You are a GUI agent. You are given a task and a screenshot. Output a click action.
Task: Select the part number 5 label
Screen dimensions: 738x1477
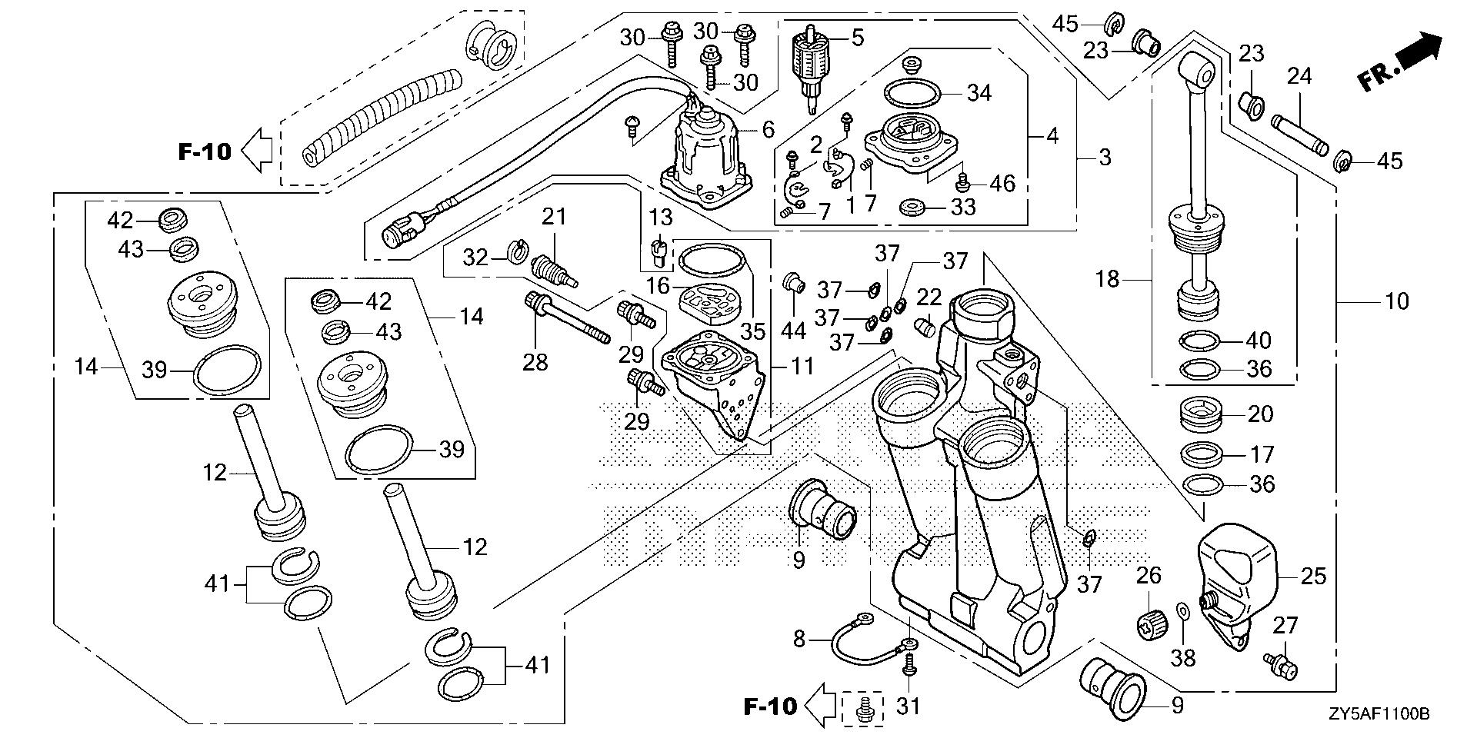(x=857, y=37)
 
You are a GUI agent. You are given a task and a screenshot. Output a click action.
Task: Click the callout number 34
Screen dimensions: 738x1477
(x=979, y=93)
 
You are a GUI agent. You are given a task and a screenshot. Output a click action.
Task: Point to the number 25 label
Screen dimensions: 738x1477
(x=1314, y=576)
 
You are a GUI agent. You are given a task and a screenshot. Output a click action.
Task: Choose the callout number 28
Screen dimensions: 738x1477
(x=535, y=361)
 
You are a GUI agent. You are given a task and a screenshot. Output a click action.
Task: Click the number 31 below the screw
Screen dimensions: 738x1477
(x=909, y=705)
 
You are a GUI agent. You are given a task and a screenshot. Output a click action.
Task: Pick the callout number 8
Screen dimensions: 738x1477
(x=799, y=638)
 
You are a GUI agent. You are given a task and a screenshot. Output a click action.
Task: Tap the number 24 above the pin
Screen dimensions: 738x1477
(x=1299, y=77)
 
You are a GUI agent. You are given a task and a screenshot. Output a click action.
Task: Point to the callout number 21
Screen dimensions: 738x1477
(x=554, y=217)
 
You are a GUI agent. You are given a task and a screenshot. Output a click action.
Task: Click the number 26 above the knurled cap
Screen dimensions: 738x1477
(x=1149, y=574)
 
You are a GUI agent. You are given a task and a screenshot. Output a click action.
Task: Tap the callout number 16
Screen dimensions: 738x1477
(x=658, y=287)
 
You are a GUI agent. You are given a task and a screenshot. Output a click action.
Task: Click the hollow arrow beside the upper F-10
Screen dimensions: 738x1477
(x=258, y=150)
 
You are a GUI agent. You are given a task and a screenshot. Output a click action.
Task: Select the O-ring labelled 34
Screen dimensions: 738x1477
(x=913, y=95)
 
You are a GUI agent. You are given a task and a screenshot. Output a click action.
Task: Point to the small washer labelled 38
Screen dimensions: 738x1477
(x=1183, y=611)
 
